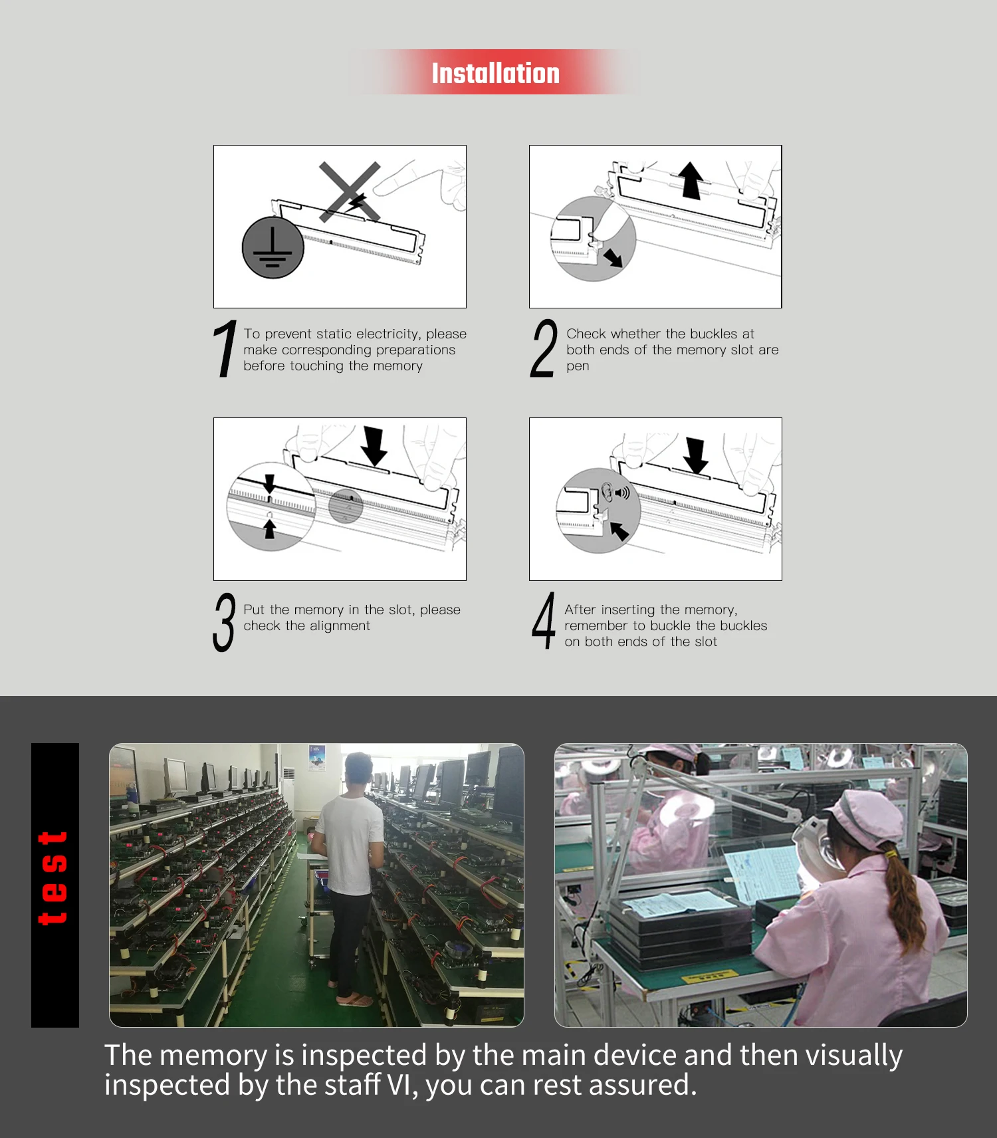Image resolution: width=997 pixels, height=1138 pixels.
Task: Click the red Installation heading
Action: tap(496, 73)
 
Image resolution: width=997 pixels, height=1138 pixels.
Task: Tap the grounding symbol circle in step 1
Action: tap(273, 247)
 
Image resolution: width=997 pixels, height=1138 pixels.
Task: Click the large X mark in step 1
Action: tap(350, 191)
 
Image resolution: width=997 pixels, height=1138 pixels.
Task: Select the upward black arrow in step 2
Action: tap(691, 181)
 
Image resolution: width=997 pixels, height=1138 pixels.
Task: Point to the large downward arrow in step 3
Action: tap(374, 446)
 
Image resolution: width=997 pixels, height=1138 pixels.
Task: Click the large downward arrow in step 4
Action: tap(696, 455)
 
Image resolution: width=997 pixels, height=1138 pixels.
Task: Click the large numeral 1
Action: tap(225, 348)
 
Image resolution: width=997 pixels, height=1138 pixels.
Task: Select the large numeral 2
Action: tap(544, 348)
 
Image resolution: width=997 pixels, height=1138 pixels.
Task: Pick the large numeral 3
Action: tap(224, 623)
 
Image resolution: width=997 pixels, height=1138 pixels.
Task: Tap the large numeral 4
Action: tap(544, 621)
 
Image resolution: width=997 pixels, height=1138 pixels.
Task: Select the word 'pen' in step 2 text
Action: tap(578, 367)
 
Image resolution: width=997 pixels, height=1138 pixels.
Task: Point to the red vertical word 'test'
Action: tap(53, 877)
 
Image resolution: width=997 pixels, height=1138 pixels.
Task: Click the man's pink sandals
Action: tap(354, 1000)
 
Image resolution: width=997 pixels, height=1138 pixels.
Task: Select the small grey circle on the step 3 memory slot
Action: tap(346, 507)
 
